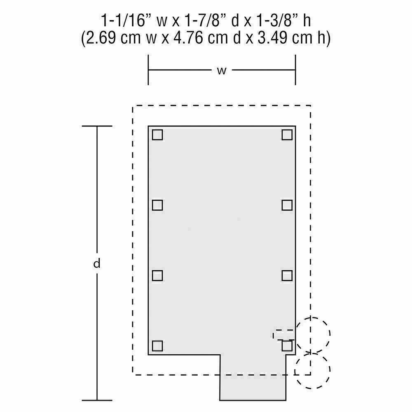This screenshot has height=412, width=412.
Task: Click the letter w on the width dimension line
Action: pos(222,70)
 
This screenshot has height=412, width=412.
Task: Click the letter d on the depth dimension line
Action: pos(97,263)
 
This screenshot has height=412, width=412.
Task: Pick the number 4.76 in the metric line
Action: pos(188,37)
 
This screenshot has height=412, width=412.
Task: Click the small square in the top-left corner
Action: pos(157,135)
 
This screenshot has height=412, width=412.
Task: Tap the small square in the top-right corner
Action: pos(287,135)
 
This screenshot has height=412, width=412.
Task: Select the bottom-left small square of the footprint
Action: pos(157,346)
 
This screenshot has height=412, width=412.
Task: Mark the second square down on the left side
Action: pos(157,205)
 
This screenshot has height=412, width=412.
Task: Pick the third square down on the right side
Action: pos(287,276)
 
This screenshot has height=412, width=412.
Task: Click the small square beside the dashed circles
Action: pos(287,346)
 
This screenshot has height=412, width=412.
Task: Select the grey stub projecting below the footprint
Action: pos(253,377)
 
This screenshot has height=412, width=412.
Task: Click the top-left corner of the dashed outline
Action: pos(133,105)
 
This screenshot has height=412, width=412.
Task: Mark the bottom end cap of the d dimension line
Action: pos(97,400)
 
